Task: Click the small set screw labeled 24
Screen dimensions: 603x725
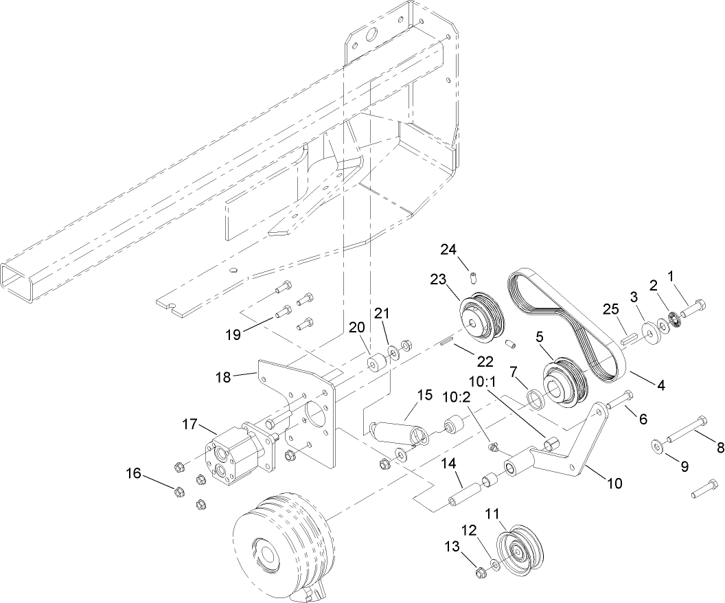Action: tap(473, 277)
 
